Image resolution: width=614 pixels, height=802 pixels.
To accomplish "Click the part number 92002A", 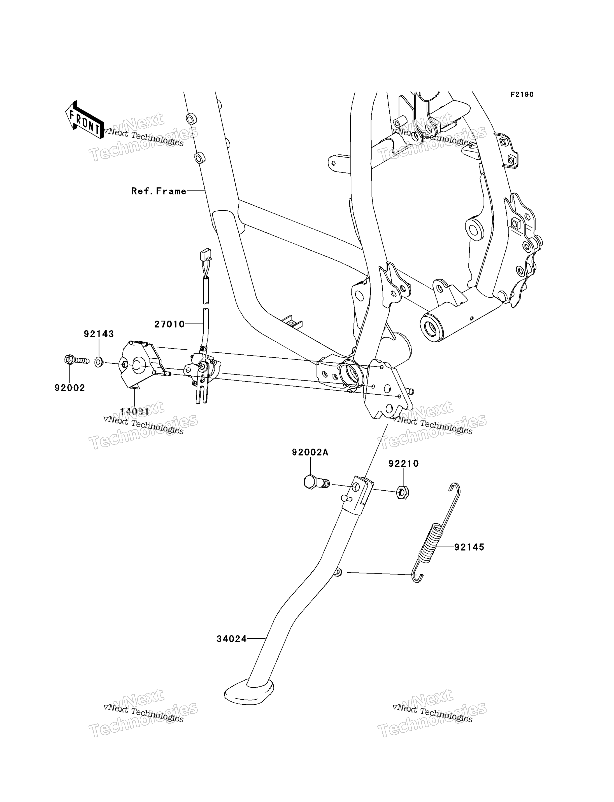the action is pyautogui.click(x=310, y=453).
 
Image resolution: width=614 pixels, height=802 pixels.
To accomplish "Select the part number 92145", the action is pyautogui.click(x=469, y=547).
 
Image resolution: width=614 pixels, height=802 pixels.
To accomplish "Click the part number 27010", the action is pyautogui.click(x=169, y=324).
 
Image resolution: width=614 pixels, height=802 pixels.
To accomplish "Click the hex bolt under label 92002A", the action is pyautogui.click(x=317, y=482).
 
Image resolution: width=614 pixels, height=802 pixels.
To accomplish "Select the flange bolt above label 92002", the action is pyautogui.click(x=77, y=360).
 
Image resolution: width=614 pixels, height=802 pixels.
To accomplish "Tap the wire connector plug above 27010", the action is pyautogui.click(x=205, y=255).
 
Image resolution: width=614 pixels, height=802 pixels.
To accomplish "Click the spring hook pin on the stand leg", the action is pyautogui.click(x=338, y=572).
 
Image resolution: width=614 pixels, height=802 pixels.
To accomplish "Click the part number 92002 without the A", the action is pyautogui.click(x=70, y=388).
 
